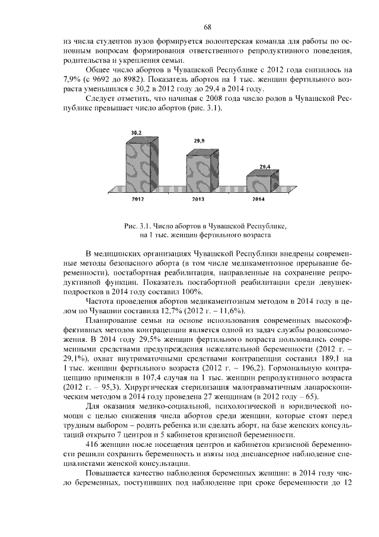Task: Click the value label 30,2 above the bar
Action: coord(136,134)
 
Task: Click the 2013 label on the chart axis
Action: coord(198,199)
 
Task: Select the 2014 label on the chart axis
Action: coord(259,199)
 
